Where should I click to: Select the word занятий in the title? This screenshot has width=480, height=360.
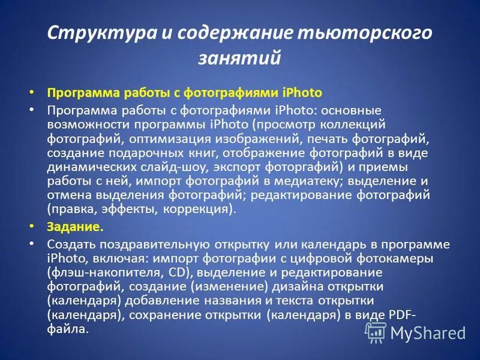click(239, 58)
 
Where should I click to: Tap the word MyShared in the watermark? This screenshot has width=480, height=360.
click(428, 332)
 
